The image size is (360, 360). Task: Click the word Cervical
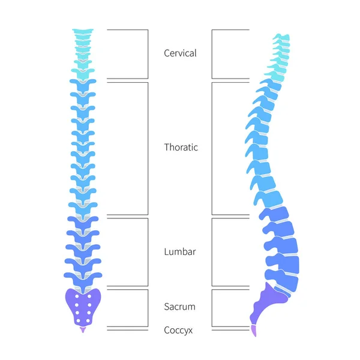[x=180, y=53]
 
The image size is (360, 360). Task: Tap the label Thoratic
[x=181, y=147]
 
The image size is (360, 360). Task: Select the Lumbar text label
[x=179, y=252]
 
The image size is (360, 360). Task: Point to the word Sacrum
[x=179, y=307]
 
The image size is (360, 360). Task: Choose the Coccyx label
[x=179, y=330]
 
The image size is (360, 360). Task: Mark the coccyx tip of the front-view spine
[x=83, y=329]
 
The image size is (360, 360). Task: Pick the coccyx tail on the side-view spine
[x=254, y=329]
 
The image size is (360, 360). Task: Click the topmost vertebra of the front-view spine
[x=83, y=32]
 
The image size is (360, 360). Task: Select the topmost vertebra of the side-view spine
[x=281, y=37]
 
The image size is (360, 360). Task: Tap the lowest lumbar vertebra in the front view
[x=83, y=277]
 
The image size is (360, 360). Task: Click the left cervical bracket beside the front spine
[x=147, y=54]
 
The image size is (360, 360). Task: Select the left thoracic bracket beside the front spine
[x=147, y=148]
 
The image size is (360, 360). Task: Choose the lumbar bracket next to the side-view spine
[x=212, y=252]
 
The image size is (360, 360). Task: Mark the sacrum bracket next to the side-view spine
[x=212, y=307]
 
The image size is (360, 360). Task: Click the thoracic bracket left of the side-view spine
[x=212, y=148]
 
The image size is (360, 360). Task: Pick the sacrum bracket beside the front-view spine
[x=147, y=307]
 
